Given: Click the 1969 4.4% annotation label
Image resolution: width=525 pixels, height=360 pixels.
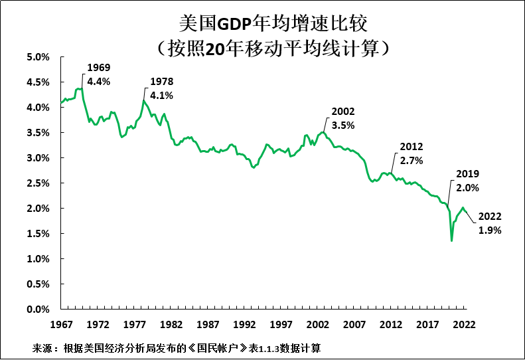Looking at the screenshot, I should click(x=99, y=74).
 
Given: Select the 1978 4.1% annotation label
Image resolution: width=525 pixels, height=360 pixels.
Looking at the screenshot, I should click(x=161, y=88).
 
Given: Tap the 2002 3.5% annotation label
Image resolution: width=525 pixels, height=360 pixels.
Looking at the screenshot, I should click(x=344, y=118).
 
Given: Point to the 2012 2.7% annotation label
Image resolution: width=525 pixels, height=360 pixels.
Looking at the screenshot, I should click(x=412, y=153).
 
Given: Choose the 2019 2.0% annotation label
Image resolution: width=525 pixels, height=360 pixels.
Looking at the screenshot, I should click(x=468, y=181).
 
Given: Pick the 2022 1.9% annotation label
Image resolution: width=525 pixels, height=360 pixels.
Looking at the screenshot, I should click(x=490, y=223).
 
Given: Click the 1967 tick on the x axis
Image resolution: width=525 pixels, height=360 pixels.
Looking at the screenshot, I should click(x=61, y=325).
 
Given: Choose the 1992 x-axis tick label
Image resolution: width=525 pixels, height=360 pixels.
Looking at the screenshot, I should click(x=244, y=325).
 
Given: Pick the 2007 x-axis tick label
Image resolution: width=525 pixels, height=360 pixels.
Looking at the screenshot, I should click(x=354, y=325).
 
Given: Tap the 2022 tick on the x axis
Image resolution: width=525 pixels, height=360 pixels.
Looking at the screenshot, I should click(x=465, y=325).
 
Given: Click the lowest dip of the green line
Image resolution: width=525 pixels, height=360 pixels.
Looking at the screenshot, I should click(x=452, y=240).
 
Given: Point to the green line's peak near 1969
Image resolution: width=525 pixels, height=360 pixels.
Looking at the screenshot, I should click(x=79, y=88).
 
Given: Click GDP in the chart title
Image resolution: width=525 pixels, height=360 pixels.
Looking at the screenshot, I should click(x=235, y=23).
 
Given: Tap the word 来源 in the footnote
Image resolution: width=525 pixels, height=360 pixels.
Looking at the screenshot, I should click(x=42, y=348).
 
